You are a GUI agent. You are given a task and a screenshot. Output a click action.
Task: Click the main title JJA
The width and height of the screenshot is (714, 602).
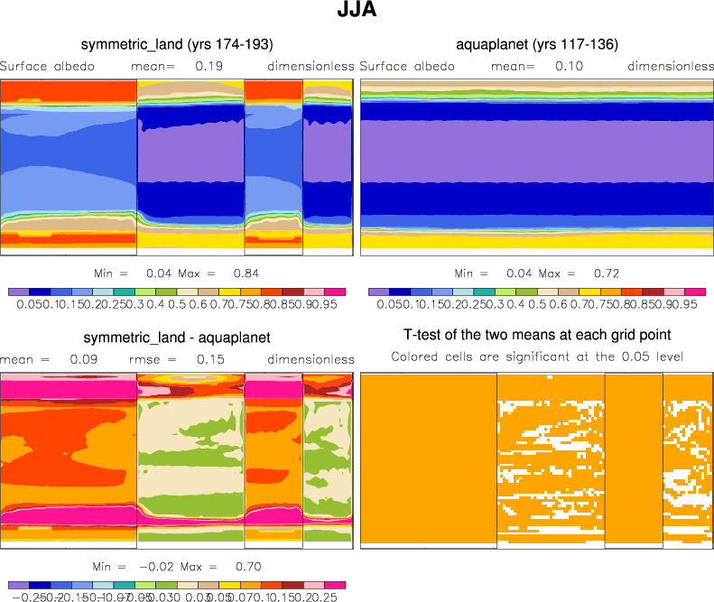[x=357, y=13]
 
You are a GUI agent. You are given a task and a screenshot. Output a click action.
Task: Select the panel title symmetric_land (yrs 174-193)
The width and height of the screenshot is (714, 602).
[x=177, y=43]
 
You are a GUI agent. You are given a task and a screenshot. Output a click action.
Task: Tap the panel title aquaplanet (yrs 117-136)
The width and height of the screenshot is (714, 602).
[x=537, y=43]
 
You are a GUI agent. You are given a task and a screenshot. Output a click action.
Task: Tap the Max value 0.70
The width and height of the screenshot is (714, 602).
[x=247, y=567]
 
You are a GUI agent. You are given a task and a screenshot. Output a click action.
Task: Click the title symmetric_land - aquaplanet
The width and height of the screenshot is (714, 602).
[x=177, y=338]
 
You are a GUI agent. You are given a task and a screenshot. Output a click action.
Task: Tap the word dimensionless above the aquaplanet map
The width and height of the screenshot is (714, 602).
[x=671, y=66]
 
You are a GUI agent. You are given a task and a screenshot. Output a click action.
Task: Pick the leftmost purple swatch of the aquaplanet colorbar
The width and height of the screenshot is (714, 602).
[x=378, y=292]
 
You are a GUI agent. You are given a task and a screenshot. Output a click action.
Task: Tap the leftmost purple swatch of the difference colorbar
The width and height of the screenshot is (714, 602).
[x=17, y=587]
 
